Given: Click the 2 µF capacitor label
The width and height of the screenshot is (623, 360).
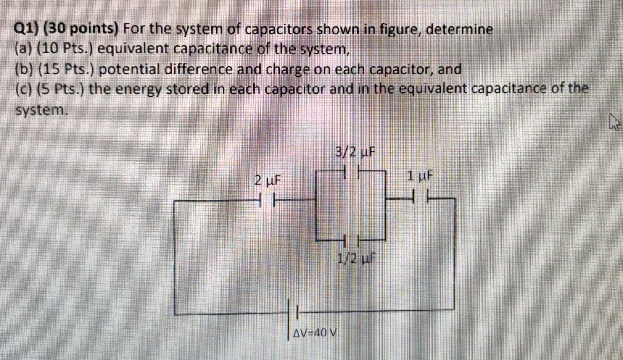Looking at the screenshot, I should (x=267, y=181).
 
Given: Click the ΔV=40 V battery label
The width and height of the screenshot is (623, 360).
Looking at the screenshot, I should (x=315, y=334).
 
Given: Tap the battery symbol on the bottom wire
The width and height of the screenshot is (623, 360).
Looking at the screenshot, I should (x=293, y=313).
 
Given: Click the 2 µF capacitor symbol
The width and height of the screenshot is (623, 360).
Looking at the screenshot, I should (x=267, y=199).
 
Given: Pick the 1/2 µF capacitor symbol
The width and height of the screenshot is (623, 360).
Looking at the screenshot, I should (x=351, y=241).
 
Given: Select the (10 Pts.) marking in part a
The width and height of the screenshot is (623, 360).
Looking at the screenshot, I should (x=67, y=49).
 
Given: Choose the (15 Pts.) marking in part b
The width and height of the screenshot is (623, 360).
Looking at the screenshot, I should (x=67, y=69).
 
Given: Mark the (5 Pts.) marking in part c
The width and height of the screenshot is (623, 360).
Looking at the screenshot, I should (x=62, y=89).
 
